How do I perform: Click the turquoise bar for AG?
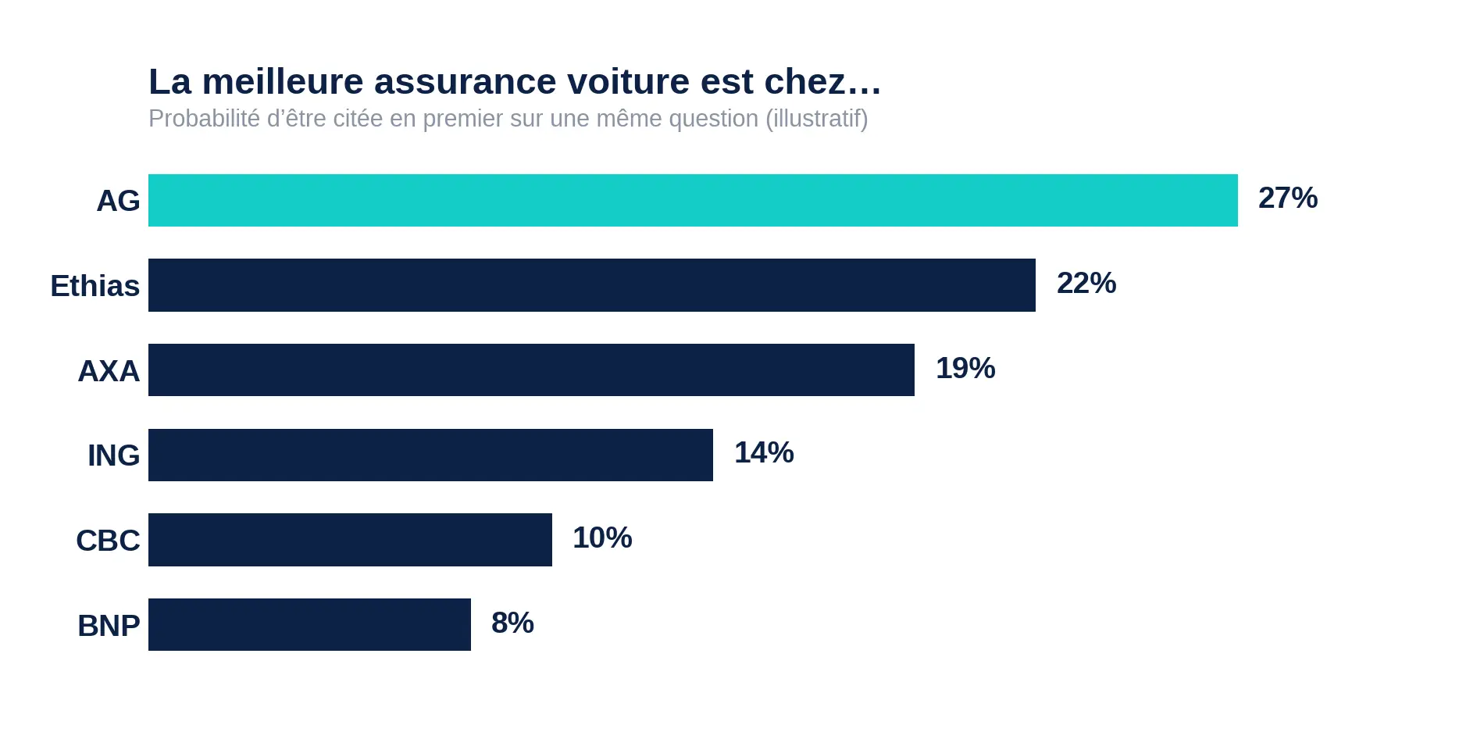[693, 200]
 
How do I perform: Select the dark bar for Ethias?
[592, 285]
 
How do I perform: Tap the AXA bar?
[531, 370]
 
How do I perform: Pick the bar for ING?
[430, 455]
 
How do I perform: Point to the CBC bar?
[350, 540]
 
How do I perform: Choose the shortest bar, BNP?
[309, 624]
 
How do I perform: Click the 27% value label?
[1288, 198]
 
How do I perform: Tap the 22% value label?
[1086, 283]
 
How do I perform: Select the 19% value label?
[965, 368]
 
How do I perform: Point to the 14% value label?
[764, 452]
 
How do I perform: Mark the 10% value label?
[602, 537]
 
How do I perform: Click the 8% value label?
[512, 623]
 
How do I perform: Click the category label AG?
[118, 201]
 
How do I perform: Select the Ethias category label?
[95, 286]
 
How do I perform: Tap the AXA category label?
[109, 371]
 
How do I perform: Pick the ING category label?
[113, 455]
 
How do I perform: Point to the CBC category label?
[108, 541]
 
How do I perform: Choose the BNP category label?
[109, 626]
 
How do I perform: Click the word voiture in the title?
[629, 81]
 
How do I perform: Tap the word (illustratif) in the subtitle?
[817, 119]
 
